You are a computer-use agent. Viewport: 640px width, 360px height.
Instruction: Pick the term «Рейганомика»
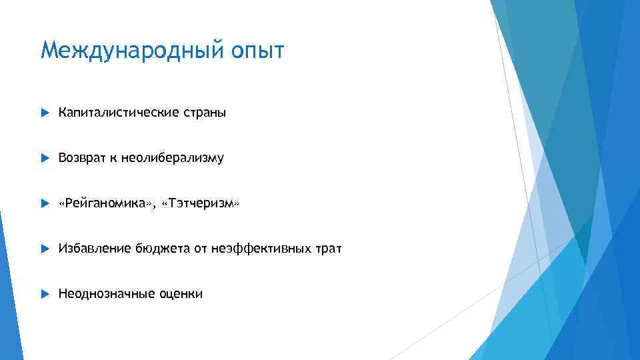tap(107, 203)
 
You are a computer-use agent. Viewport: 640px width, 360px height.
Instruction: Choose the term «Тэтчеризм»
tap(204, 203)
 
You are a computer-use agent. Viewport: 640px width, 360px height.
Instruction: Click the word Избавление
tap(94, 249)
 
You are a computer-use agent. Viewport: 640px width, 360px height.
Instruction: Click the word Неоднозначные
tap(106, 294)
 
